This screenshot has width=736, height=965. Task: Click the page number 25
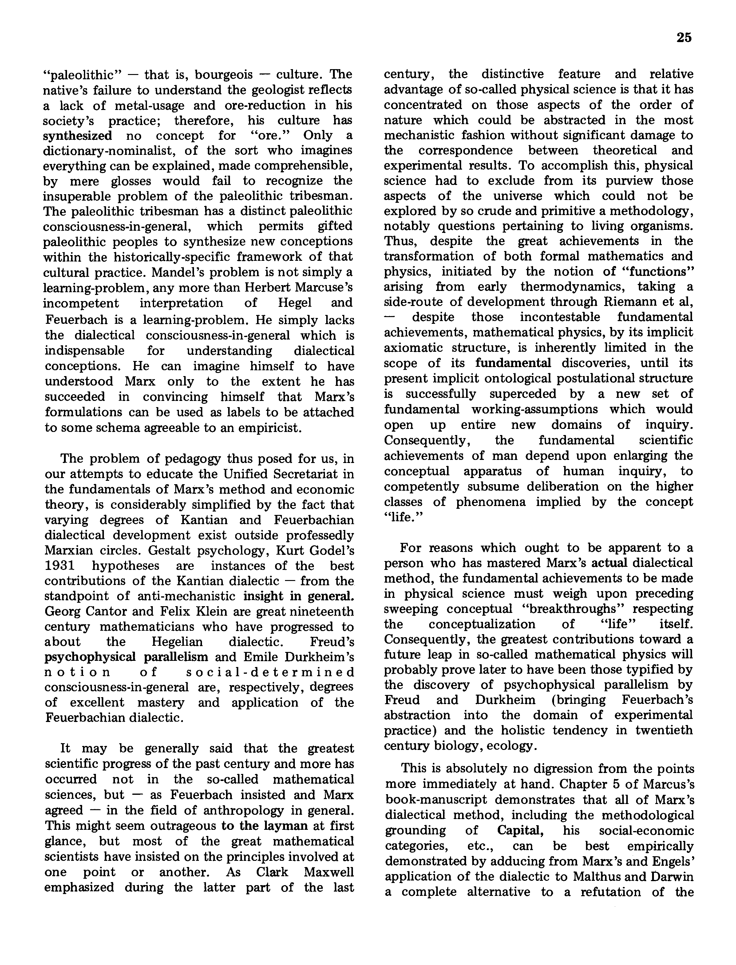pos(684,38)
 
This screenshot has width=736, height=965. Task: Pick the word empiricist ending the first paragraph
pos(267,427)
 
